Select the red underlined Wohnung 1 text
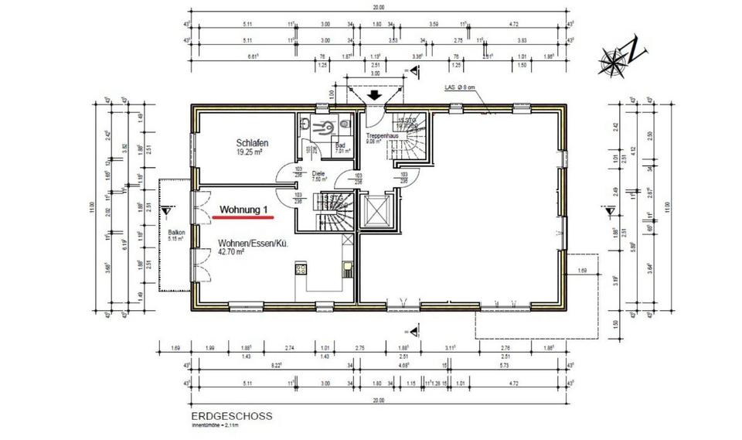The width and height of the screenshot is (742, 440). pyautogui.click(x=244, y=210)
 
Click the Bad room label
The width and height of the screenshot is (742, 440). pyautogui.click(x=339, y=145)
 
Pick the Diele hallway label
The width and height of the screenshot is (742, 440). pyautogui.click(x=318, y=174)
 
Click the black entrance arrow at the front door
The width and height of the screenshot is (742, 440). pyautogui.click(x=374, y=96)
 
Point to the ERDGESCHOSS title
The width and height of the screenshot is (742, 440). pyautogui.click(x=231, y=415)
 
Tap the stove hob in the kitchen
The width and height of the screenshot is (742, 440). pyautogui.click(x=301, y=271)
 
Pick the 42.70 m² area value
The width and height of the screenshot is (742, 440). pyautogui.click(x=231, y=252)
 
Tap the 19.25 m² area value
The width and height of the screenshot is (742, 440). pyautogui.click(x=250, y=152)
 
